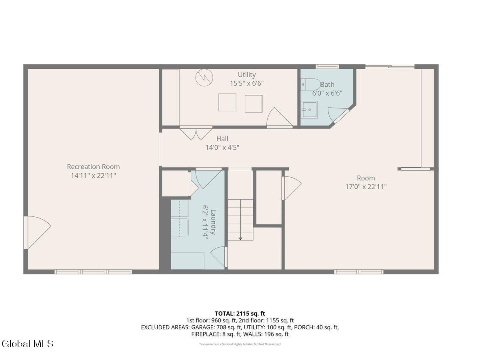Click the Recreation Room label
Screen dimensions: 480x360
(93, 167)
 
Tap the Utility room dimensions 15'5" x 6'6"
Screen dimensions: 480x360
(247, 83)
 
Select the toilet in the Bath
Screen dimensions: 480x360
(310, 84)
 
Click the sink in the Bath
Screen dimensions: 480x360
(309, 110)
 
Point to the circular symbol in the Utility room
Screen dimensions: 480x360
(204, 77)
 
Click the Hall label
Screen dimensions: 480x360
(222, 139)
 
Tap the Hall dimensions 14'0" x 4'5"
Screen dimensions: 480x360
(222, 148)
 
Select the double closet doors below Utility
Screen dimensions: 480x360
(196, 133)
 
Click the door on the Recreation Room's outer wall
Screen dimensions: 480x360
(37, 232)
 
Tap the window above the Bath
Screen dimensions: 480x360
(327, 66)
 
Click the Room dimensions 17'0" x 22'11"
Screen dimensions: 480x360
(366, 187)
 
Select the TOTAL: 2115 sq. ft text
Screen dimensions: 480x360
(240, 314)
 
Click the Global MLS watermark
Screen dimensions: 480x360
(27, 343)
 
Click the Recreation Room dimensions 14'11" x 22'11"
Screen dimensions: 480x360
(93, 176)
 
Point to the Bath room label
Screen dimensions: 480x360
(327, 84)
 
